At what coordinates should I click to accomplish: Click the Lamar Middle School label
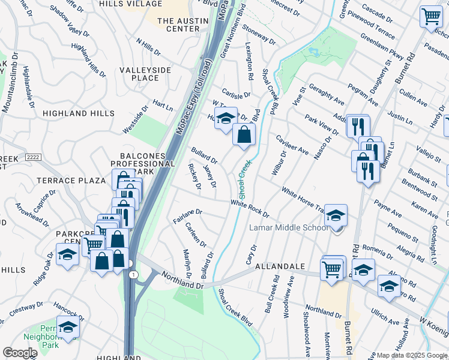point(289,227)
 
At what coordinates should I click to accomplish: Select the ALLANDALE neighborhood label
point(280,266)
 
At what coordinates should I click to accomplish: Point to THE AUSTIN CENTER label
point(178,25)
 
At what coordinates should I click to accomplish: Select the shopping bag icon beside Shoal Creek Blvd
point(244,135)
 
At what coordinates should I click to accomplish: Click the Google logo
point(20,352)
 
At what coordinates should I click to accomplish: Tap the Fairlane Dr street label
point(188,212)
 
